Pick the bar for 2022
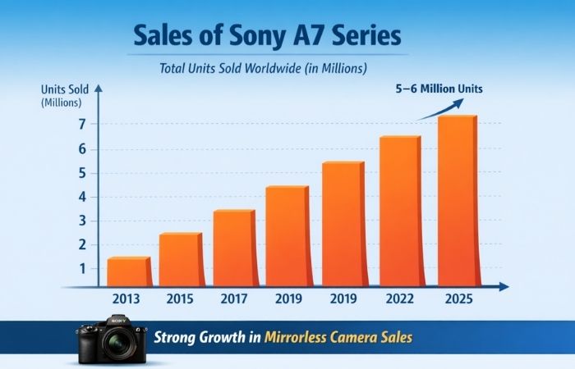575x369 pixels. tap(399, 211)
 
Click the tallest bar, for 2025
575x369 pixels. tap(457, 201)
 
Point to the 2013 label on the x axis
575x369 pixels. tap(126, 299)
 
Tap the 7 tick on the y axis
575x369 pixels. tap(82, 124)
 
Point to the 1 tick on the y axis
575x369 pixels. tap(82, 268)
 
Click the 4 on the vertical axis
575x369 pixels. tap(82, 196)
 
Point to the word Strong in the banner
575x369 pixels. tap(177, 336)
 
